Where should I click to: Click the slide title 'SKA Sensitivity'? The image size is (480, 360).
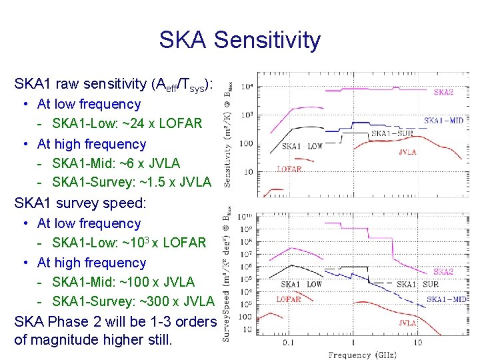pos(239,40)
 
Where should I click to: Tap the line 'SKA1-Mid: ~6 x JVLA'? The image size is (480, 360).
pos(116,163)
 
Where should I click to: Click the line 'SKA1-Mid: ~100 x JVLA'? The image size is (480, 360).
pos(123,282)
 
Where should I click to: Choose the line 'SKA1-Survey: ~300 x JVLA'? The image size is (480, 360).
pos(133,302)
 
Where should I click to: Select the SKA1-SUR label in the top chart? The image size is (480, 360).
pos(391,133)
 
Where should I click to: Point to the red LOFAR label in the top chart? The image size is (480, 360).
pos(289,169)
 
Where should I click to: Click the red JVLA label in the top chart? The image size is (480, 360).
pos(407,151)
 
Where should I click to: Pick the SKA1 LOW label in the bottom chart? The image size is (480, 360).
pos(301,284)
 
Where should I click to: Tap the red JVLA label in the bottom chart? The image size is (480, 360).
pos(407,323)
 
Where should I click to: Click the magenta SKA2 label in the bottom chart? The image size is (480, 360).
pos(443,271)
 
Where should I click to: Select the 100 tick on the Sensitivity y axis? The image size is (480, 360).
pos(247,143)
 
